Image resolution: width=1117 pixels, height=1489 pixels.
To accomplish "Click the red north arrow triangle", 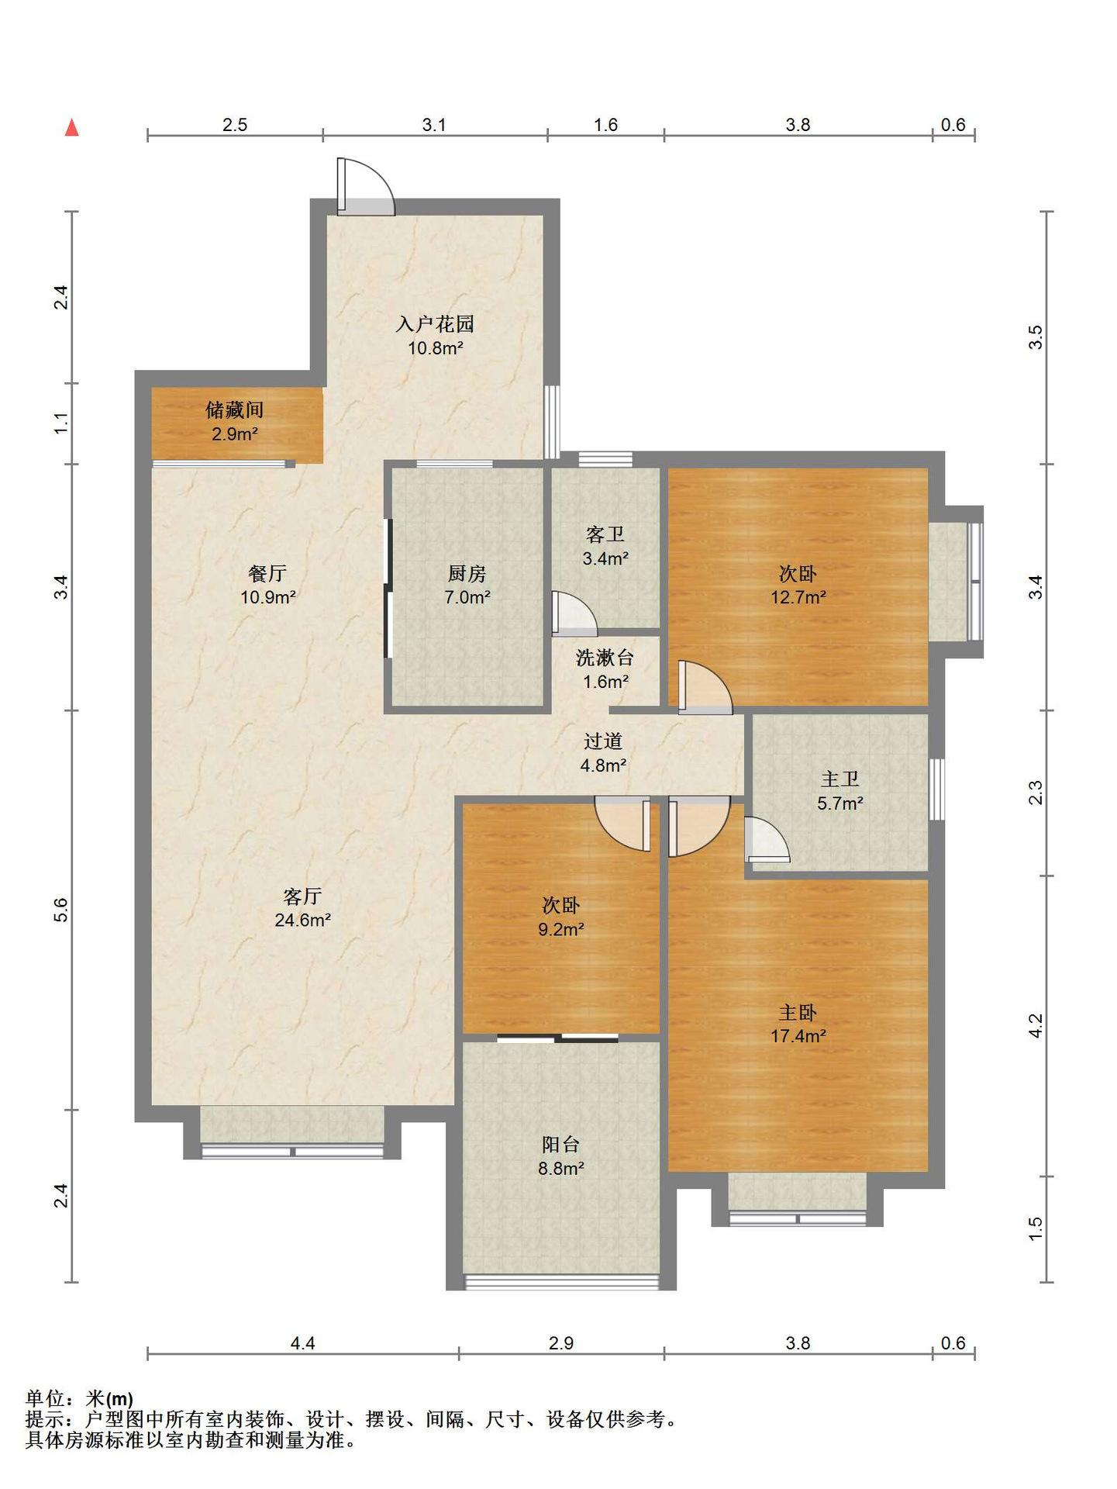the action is [x=72, y=127].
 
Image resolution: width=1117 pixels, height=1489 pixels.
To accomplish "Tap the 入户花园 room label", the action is [x=435, y=324].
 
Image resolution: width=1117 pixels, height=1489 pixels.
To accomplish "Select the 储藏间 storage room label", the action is [x=235, y=409].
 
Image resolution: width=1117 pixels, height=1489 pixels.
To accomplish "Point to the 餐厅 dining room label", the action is [x=267, y=574].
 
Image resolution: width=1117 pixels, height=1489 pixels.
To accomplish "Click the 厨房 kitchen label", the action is [x=467, y=574].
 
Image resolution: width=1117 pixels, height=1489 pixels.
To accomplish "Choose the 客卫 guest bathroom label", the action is [x=605, y=534].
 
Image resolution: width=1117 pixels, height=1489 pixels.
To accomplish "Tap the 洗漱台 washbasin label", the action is [x=605, y=658].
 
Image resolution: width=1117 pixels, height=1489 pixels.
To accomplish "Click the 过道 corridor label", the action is [x=603, y=741].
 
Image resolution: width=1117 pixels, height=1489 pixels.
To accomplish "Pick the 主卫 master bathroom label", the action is [x=840, y=779].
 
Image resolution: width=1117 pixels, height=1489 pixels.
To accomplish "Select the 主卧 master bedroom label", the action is [x=798, y=1012].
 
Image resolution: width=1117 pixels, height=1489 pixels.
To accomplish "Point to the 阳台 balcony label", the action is [x=560, y=1144].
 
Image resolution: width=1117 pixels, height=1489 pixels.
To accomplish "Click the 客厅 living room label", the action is [x=302, y=897].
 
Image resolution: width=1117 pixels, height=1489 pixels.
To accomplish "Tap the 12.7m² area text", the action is [x=798, y=597].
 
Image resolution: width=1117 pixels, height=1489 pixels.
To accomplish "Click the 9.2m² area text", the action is [x=561, y=928].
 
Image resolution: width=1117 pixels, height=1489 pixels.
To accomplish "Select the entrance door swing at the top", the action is [x=365, y=187].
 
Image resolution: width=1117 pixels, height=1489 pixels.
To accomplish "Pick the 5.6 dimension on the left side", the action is [x=61, y=910].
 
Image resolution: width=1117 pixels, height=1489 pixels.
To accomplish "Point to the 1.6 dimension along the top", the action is [x=605, y=125].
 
